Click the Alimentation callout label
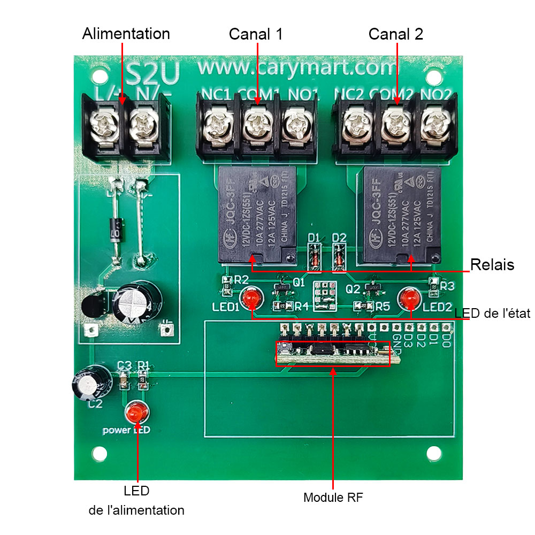point(126,34)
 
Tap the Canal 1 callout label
point(256,34)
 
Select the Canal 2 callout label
point(396,34)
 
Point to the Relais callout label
point(492,264)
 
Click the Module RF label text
point(333,498)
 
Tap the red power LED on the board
point(137,413)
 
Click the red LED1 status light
point(250,299)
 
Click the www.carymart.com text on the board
point(298,68)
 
